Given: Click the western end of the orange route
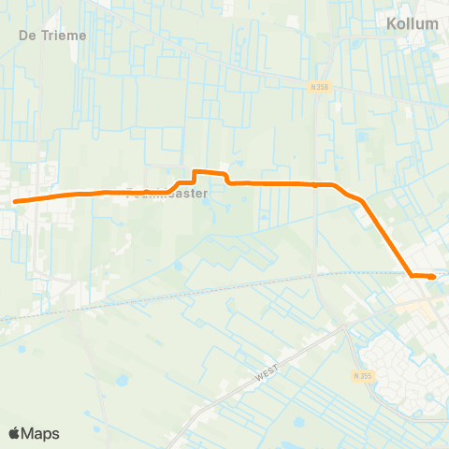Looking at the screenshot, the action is click(x=15, y=200).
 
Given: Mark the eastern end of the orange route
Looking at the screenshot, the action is click(x=433, y=277).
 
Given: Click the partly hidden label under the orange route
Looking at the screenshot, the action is click(x=166, y=196).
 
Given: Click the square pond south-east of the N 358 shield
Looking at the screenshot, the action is click(x=361, y=136).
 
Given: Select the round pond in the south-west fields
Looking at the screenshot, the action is click(x=121, y=381).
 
